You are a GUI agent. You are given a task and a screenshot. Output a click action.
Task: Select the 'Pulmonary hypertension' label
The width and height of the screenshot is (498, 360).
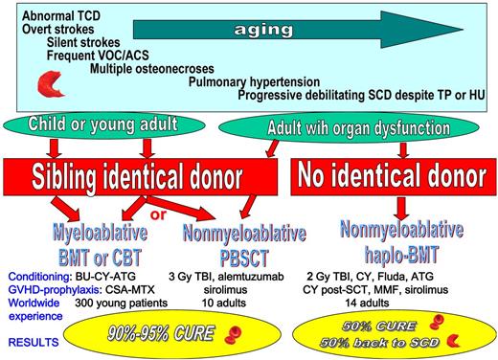[x=247, y=82]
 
